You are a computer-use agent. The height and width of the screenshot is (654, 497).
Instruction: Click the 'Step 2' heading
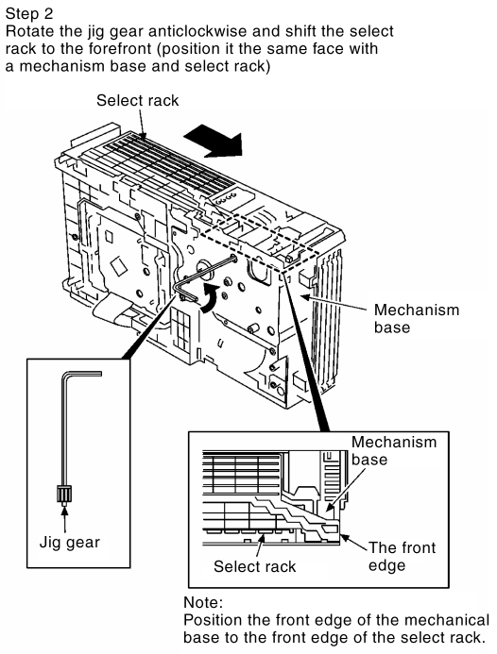coord(29,14)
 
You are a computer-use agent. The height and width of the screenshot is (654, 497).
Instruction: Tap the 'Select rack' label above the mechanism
coord(137,101)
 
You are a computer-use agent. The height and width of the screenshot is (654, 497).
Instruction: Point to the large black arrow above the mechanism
coord(214,143)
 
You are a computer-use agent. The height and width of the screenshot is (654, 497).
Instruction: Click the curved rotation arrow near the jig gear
coord(210,297)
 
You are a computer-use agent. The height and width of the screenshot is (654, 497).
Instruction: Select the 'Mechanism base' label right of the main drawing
coord(417,318)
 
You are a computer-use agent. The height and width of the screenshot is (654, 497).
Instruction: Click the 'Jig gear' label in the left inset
coord(69,543)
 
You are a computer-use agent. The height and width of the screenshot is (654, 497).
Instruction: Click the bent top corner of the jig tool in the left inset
coord(65,375)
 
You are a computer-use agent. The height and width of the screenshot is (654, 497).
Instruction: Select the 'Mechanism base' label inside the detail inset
coord(393,450)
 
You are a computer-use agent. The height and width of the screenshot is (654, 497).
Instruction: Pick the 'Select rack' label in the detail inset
coord(254,566)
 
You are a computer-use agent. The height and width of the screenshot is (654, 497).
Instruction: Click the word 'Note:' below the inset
coord(203,602)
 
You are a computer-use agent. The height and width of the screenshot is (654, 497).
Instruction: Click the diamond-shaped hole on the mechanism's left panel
coord(118,265)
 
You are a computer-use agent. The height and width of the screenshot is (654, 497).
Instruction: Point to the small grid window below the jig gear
coord(180,329)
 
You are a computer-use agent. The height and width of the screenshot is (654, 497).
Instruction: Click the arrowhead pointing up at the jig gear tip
coord(64,511)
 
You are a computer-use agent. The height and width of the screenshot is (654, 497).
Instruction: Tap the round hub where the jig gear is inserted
coord(205,269)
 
